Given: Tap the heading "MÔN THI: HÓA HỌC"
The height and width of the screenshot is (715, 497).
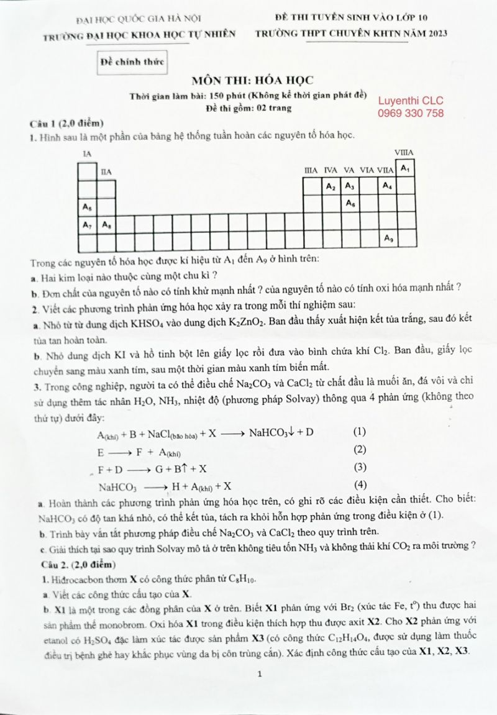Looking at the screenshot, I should (x=253, y=80).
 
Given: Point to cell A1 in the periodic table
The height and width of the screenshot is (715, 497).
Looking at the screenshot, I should (x=405, y=168).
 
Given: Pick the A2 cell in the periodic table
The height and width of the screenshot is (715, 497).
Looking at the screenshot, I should (x=331, y=186).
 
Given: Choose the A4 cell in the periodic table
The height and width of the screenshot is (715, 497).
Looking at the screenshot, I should (x=387, y=186).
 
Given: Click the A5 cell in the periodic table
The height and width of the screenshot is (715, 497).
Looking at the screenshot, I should (x=87, y=205).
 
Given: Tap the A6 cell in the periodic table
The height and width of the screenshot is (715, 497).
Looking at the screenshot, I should (x=350, y=204).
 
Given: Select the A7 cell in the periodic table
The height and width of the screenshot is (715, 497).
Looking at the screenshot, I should (x=87, y=224).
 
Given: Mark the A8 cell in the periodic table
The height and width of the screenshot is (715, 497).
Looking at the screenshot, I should (x=106, y=224).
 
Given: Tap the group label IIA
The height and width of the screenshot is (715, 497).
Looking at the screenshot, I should (x=106, y=173).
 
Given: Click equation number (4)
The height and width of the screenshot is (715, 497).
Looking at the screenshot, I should (x=360, y=485).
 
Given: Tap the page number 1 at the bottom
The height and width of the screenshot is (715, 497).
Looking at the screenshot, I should (x=260, y=674).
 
